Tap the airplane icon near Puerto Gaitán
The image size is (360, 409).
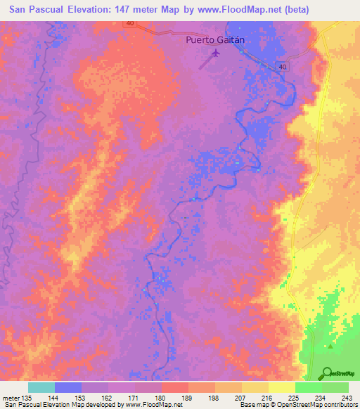[x=215, y=53]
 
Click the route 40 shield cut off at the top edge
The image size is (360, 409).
[x=131, y=24]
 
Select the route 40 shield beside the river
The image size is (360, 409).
[x=282, y=66]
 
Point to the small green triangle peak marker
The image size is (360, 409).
[x=330, y=346]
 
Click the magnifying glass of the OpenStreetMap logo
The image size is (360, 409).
[x=326, y=372]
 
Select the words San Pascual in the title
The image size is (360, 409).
[x=34, y=11]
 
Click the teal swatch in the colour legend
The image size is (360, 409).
[x=41, y=387]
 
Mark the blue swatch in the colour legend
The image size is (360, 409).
[x=68, y=387]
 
